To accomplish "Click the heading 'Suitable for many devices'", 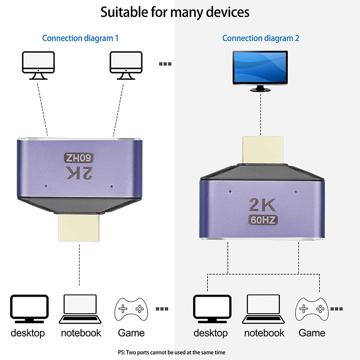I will [x=175, y=12].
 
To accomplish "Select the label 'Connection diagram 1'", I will [x=80, y=38].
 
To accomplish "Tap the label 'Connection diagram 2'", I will [x=261, y=38].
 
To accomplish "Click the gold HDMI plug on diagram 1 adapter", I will [x=80, y=228].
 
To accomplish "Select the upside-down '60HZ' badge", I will [x=79, y=158].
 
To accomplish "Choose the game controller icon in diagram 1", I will [x=131, y=308].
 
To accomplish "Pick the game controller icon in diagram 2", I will [x=311, y=308].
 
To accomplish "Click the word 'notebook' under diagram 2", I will [x=264, y=333].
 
